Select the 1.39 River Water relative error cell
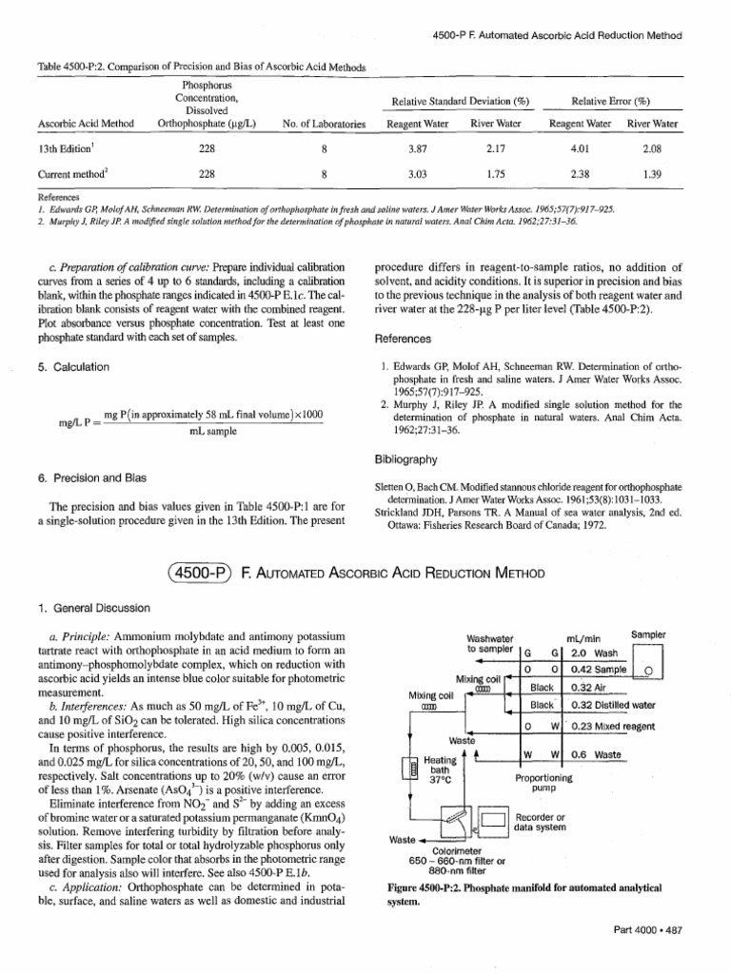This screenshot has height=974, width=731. click(x=652, y=175)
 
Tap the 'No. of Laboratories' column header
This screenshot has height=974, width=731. click(x=324, y=124)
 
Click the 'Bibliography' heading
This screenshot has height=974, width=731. click(x=407, y=459)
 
